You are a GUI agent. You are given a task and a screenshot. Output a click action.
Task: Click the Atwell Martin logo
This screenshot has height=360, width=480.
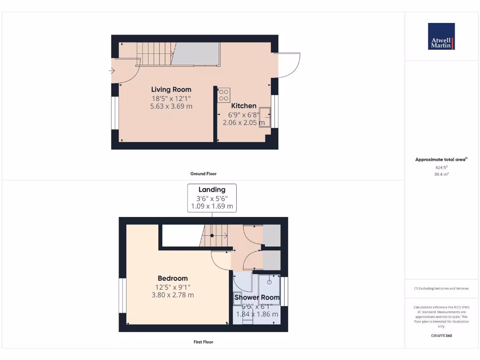coord(441,37)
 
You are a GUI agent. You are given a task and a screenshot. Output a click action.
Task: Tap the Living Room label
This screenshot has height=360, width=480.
coord(171,90)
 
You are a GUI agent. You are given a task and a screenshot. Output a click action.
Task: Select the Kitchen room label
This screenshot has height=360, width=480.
coord(244,106)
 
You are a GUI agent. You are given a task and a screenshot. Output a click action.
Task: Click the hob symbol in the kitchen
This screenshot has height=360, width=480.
coord(224,95)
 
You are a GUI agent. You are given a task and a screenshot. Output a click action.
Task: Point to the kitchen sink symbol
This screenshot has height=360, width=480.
coord(265,116)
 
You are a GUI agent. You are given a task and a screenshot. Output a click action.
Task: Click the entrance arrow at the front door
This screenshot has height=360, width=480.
coord(112,71)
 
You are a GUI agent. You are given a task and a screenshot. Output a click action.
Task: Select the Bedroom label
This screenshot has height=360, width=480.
coord(172,278)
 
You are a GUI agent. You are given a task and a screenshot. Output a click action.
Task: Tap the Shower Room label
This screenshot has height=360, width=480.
coord(257,298)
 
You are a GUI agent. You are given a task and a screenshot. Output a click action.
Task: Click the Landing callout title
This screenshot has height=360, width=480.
coord(212,190)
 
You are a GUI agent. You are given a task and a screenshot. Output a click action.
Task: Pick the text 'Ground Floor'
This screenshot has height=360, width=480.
coord(203,174)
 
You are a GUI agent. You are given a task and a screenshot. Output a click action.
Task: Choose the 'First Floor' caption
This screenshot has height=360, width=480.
coord(203,342)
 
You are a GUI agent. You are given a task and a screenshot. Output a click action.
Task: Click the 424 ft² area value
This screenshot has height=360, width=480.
coord(441,167)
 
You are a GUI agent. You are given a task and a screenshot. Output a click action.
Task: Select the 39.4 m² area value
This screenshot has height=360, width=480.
coord(441,174)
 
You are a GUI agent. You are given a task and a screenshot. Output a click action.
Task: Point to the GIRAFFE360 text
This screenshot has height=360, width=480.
coord(441,336)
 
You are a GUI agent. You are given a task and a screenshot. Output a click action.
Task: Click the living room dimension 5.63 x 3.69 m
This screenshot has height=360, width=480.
coord(171,106)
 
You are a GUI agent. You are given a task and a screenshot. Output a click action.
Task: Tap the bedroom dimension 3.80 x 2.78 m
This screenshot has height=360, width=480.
coord(172,295)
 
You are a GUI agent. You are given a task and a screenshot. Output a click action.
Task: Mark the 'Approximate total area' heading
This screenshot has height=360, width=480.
coord(440,160)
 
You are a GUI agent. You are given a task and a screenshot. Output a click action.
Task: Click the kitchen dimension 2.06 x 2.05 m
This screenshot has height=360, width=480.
coord(244,123)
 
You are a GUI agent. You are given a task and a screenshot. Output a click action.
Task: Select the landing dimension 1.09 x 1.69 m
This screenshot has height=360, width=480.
coord(212,207)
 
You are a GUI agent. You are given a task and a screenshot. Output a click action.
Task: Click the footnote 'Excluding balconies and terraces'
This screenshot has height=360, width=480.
coord(441,289)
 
